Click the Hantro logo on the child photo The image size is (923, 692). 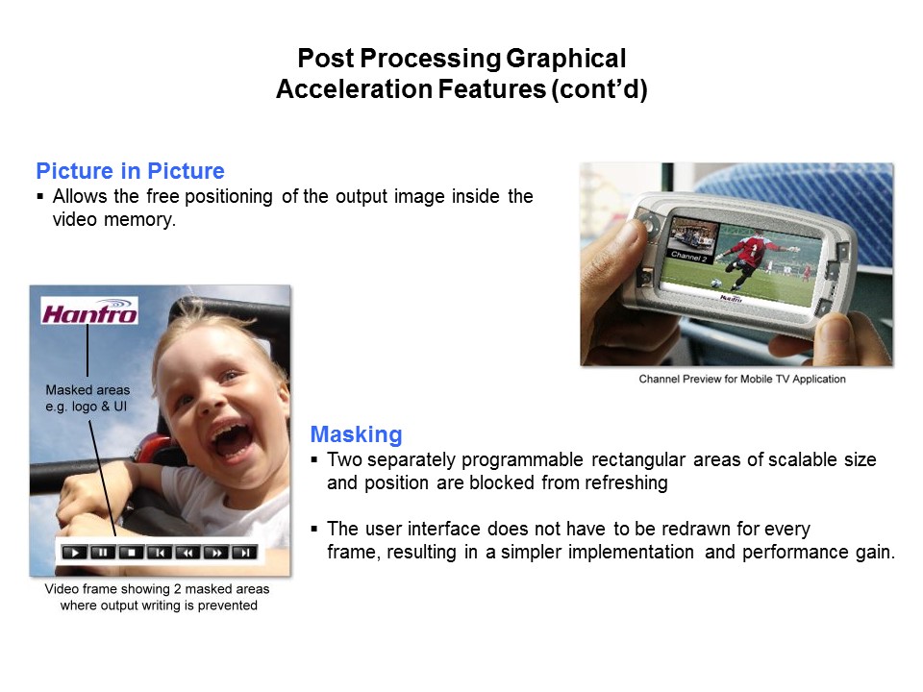[x=89, y=310]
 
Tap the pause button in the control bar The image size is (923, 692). [x=102, y=552]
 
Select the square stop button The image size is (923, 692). [x=131, y=552]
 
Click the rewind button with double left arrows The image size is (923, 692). [x=188, y=552]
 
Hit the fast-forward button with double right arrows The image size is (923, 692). [x=216, y=552]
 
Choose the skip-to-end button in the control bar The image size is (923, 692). [x=245, y=552]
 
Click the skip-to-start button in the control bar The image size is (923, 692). [x=160, y=552]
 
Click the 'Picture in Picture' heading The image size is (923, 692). [x=130, y=172]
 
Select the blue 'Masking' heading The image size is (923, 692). [x=356, y=433]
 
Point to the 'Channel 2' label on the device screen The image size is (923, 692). [x=688, y=256]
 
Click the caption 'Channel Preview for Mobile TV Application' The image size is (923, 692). [x=741, y=379]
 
